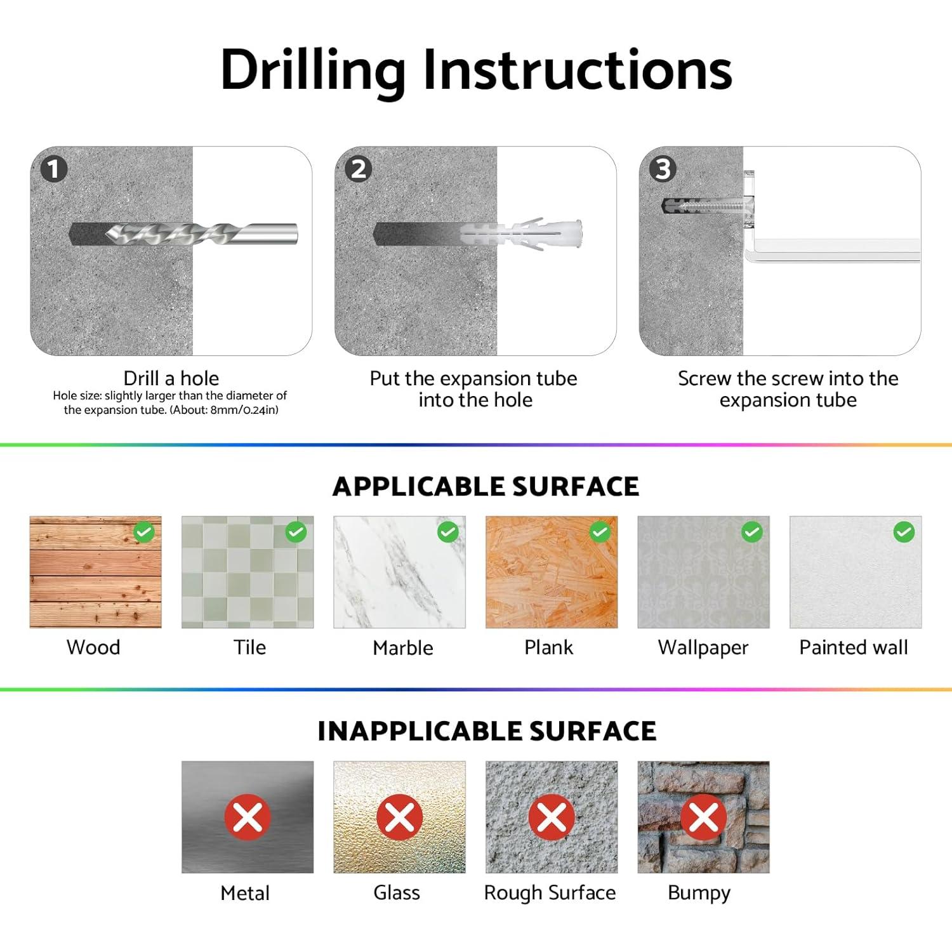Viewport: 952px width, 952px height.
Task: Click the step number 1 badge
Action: pos(54,169)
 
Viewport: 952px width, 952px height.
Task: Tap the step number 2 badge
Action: pos(359,169)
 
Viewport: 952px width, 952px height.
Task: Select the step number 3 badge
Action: pos(663,169)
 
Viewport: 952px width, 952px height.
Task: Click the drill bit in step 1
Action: pos(202,234)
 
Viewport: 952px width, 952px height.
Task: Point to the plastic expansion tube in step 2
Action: pos(520,234)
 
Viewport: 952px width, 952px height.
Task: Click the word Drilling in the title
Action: pos(313,70)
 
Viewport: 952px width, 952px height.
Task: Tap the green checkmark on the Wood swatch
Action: pos(144,532)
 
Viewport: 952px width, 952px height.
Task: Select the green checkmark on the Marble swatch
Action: pos(448,532)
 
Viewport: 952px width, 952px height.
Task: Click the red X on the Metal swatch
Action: pos(248,817)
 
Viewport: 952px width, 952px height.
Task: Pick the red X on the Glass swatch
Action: pos(400,817)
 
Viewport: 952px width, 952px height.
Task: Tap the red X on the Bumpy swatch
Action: pos(704,817)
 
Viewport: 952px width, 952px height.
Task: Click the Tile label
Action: pos(249,647)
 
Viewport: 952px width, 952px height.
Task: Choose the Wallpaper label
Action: pos(703,648)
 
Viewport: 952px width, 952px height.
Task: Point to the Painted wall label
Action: pos(854,647)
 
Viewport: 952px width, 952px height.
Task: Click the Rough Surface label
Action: pos(550,893)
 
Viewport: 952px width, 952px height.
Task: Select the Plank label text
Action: pos(549,647)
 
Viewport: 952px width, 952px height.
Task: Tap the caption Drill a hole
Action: pos(171,378)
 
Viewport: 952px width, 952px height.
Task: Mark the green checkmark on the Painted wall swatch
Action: pos(904,532)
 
